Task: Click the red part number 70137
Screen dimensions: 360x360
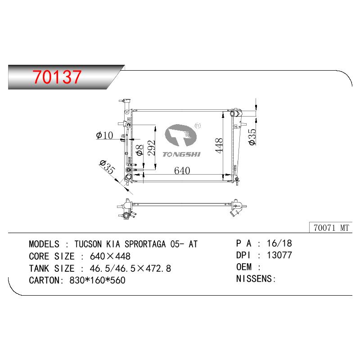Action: (57, 76)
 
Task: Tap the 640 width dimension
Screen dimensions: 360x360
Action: (182, 171)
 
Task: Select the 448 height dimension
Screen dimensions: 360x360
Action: (219, 145)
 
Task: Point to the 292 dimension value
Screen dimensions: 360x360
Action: (152, 148)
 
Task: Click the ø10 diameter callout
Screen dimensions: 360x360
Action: (105, 135)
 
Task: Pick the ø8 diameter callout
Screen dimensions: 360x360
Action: (139, 150)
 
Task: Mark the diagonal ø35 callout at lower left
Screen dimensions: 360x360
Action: (108, 167)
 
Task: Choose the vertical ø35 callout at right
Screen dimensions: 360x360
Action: (252, 137)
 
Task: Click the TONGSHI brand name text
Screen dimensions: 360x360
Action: (182, 154)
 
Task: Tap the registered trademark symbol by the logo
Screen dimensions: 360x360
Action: (198, 126)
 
